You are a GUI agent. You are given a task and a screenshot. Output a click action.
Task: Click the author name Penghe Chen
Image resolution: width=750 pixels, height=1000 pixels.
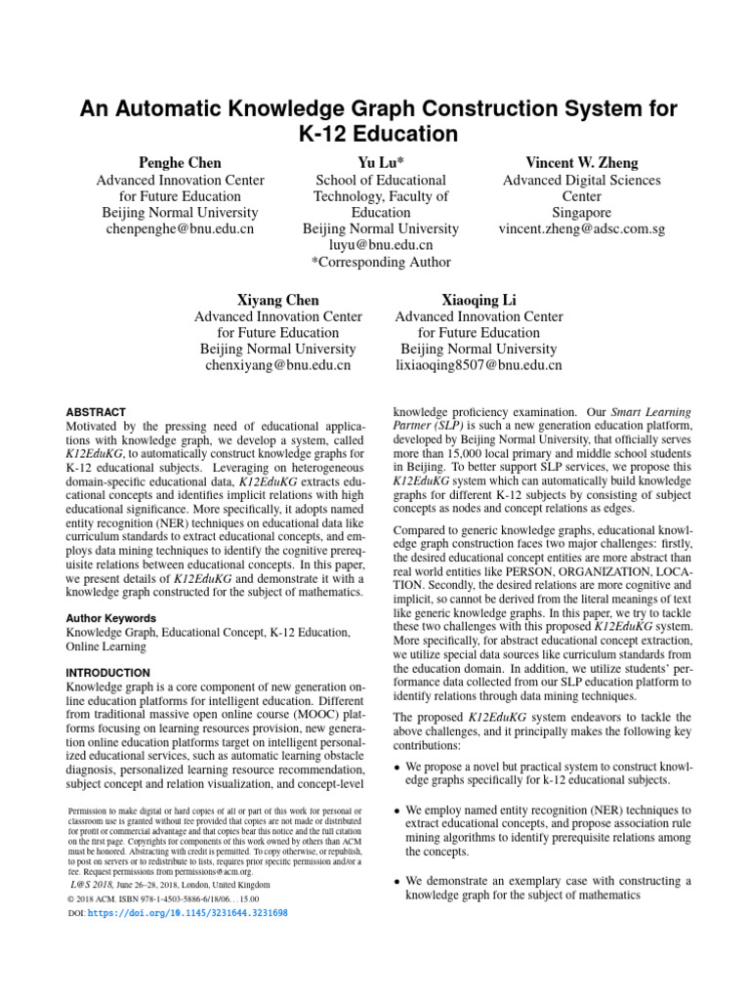180,162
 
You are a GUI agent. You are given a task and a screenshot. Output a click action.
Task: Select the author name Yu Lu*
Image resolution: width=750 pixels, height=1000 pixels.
381,162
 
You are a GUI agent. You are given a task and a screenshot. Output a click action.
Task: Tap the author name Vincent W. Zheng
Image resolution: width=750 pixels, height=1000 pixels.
581,162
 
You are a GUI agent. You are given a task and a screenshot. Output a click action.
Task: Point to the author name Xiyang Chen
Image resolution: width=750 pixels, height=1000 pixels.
278,299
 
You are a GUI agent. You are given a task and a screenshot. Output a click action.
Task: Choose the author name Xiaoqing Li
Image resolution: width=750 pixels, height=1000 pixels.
479,299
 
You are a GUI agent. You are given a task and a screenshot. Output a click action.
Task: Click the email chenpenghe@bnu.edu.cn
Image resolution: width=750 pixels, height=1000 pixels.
180,229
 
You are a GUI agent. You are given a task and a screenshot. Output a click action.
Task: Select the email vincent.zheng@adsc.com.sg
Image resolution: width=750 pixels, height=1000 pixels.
581,229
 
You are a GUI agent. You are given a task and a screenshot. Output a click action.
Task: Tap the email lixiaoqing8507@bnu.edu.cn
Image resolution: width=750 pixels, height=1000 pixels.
479,365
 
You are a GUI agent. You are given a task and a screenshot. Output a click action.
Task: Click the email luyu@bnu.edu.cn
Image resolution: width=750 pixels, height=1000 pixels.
381,245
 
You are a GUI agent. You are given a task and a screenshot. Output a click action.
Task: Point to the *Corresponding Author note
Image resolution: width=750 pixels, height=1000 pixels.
381,262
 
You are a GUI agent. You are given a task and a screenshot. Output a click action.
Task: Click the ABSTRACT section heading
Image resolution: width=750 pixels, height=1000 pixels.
96,413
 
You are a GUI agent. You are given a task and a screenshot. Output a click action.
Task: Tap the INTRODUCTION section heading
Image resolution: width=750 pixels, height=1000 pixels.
107,673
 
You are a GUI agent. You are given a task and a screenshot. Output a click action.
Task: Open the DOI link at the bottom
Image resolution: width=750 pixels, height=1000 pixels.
187,913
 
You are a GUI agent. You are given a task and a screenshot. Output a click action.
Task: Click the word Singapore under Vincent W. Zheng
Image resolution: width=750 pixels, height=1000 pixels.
581,213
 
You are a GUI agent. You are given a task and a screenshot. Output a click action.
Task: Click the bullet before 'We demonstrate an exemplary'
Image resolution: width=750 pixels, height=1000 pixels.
396,881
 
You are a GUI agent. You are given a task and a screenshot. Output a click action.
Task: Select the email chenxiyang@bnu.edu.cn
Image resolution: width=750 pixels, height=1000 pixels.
278,365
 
